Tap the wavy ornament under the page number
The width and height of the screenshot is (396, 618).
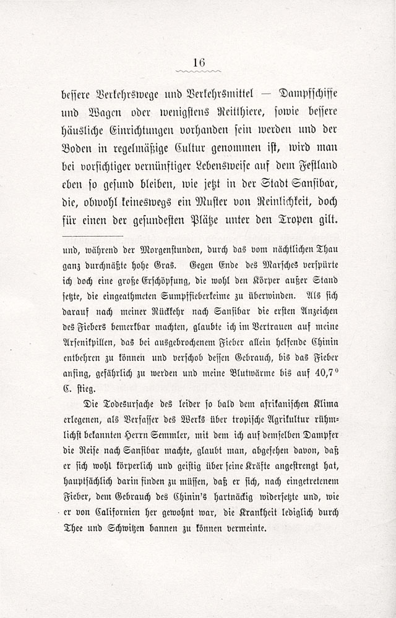point(199,72)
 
